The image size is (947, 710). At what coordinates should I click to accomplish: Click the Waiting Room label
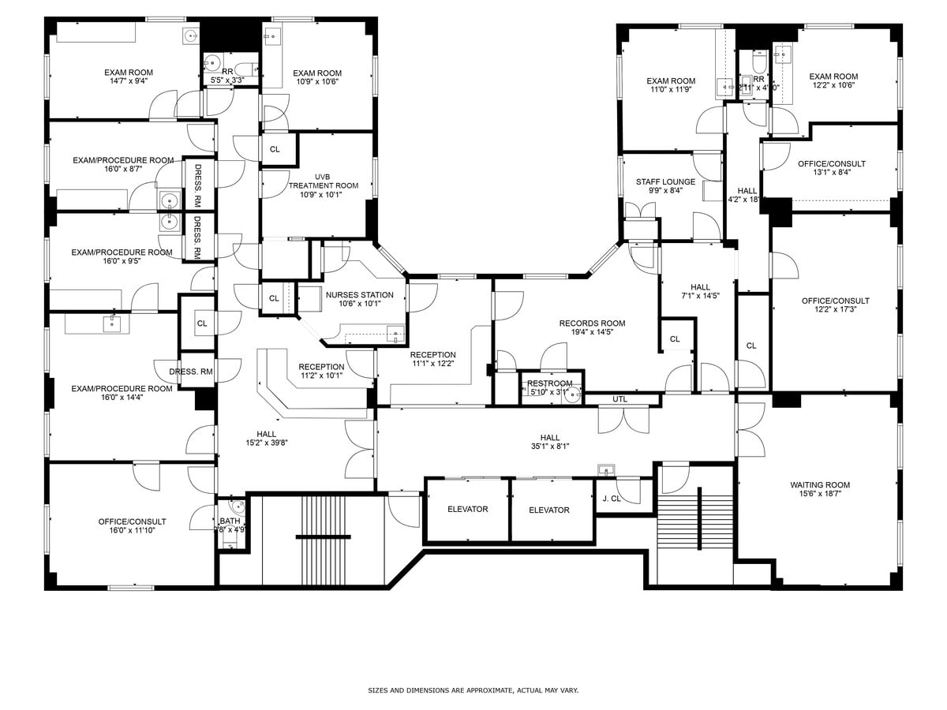point(820,485)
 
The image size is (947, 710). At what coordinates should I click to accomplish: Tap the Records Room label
point(592,323)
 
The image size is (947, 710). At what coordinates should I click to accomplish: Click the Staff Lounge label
point(665,182)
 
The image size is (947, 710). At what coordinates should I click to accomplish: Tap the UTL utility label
point(619,399)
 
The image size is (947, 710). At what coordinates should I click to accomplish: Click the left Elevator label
point(467,510)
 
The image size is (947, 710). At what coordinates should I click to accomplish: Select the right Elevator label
point(548,510)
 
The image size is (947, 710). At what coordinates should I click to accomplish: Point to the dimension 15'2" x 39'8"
point(266,443)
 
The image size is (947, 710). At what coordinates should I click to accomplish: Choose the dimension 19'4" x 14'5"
point(592,332)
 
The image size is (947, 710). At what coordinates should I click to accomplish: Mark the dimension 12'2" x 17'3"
point(835,310)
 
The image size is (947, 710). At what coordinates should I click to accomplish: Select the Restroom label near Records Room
point(549,383)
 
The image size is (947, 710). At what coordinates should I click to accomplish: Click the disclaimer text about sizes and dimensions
point(473,690)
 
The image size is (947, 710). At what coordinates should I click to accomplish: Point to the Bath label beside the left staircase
point(230,521)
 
